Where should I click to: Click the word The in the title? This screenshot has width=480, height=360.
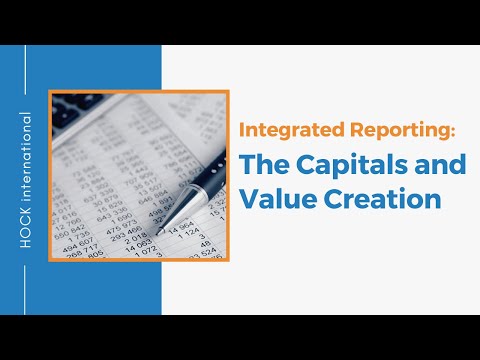263,164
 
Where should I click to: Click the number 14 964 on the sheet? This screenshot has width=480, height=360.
181,229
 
